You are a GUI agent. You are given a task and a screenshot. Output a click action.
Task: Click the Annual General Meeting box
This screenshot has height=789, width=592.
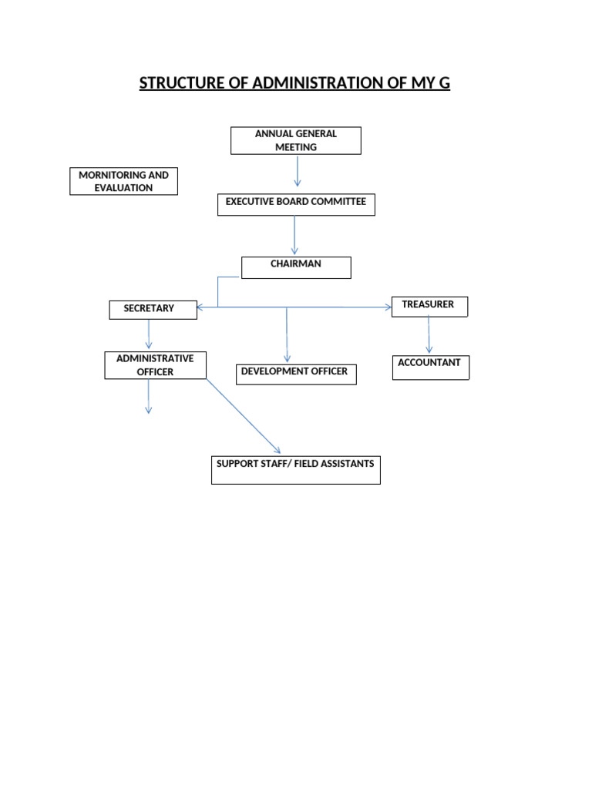click(x=296, y=140)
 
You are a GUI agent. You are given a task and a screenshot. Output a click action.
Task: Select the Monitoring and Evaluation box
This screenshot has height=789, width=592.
click(x=123, y=181)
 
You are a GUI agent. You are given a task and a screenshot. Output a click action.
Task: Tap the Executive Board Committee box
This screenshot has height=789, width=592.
click(x=296, y=204)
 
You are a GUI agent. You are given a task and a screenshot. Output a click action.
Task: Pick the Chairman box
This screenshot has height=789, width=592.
click(x=296, y=267)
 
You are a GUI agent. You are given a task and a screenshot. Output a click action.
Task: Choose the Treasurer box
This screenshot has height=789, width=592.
click(x=429, y=306)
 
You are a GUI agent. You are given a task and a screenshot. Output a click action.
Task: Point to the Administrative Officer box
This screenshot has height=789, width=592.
click(x=155, y=365)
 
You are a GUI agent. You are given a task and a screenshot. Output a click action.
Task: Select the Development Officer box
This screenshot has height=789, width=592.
click(x=296, y=374)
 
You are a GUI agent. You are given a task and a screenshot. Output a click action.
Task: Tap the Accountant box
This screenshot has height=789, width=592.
click(x=430, y=368)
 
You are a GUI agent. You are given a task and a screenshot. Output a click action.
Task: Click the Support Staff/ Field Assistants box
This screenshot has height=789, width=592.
click(x=296, y=469)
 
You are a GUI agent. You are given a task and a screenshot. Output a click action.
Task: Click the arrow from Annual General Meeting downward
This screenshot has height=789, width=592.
click(x=297, y=171)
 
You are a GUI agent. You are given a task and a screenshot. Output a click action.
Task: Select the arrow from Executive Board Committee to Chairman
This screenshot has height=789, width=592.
click(x=294, y=235)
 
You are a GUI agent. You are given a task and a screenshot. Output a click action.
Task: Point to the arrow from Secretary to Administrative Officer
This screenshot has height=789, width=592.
click(x=149, y=334)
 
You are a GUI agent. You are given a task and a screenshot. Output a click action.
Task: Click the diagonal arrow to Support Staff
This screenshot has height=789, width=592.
click(x=243, y=416)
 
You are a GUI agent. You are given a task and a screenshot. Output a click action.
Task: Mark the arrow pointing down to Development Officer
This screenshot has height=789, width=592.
click(x=287, y=335)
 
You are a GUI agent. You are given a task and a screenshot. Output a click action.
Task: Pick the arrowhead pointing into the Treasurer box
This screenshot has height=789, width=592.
click(x=388, y=307)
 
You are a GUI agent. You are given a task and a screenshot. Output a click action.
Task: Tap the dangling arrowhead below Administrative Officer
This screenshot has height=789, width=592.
click(x=149, y=408)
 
